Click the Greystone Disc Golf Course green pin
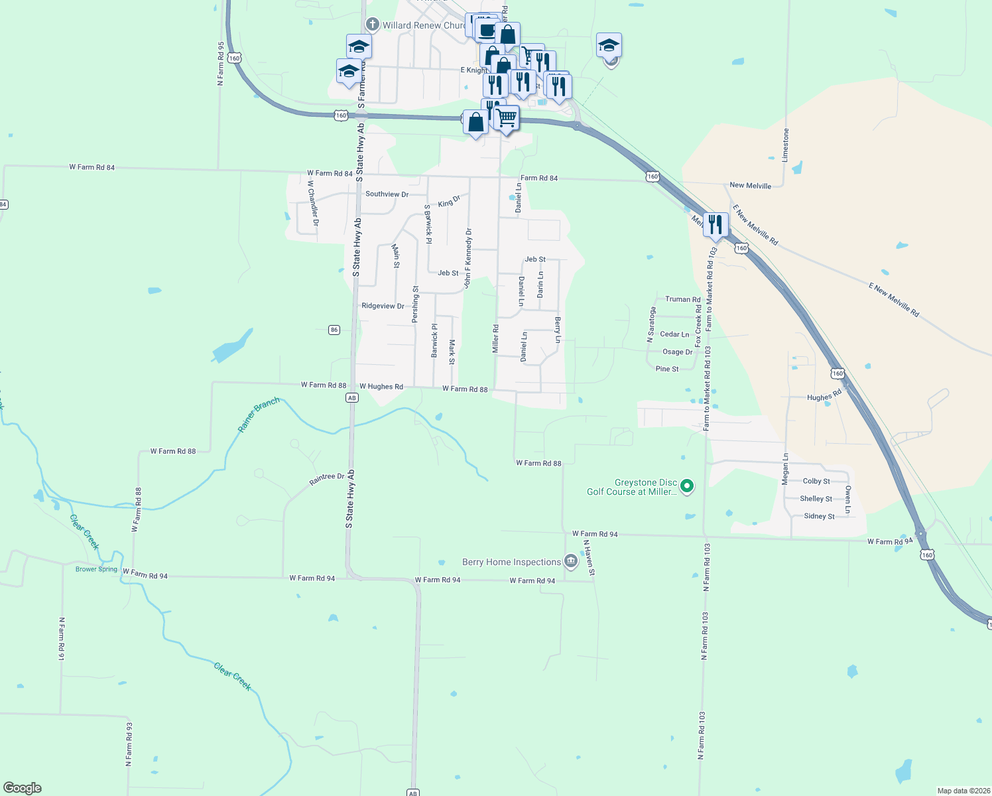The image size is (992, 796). (x=688, y=486)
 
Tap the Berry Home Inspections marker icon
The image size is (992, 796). (x=570, y=562)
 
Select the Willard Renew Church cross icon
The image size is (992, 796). (x=373, y=25)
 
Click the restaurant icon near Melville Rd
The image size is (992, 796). (x=715, y=225)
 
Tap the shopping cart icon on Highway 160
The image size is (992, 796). (x=507, y=118)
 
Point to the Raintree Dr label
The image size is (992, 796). (x=327, y=479)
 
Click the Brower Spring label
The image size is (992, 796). (x=96, y=569)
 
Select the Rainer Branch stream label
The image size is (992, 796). (x=259, y=415)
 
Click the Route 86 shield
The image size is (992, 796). (x=334, y=330)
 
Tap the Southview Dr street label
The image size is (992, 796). (x=387, y=194)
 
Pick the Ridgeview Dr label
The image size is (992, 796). (x=383, y=306)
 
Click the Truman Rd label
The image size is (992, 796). (x=682, y=299)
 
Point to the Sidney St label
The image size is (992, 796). (x=819, y=516)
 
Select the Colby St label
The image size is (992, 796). (x=816, y=481)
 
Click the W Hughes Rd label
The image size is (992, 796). (x=381, y=386)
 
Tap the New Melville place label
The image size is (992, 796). (x=750, y=186)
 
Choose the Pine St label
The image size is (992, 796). (x=666, y=369)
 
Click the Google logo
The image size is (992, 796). (x=23, y=788)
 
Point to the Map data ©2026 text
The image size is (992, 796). (x=963, y=791)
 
